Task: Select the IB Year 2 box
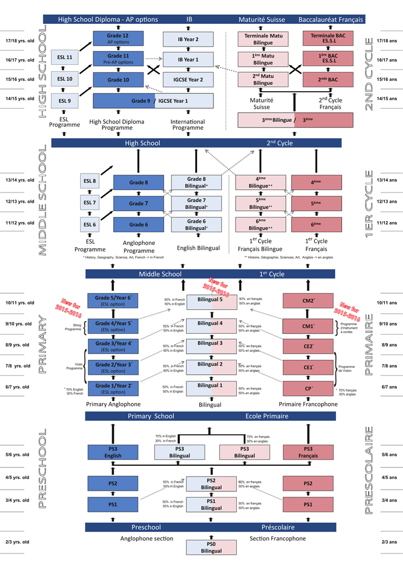[x=188, y=39]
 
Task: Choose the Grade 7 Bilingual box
[x=196, y=203]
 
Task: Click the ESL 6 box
[x=89, y=224]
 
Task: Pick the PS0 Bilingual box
[x=211, y=547]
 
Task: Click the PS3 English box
[x=113, y=453]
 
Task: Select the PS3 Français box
[x=308, y=453]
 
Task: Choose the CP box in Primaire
[x=308, y=388]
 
